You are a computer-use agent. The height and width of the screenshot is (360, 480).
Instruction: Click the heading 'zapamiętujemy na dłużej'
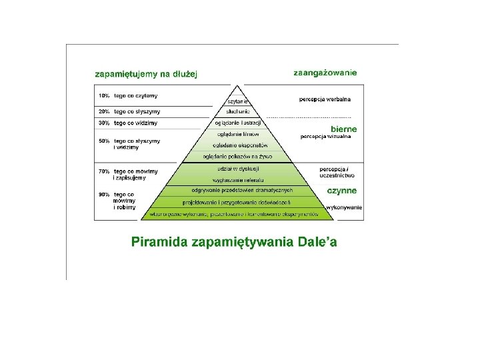point(146,74)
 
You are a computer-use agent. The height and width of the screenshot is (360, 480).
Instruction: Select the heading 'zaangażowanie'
point(325,73)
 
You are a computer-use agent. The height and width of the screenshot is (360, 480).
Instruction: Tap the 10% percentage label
point(104,96)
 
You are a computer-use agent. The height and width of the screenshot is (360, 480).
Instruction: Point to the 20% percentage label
point(104,111)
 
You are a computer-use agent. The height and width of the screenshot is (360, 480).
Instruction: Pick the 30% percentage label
point(104,123)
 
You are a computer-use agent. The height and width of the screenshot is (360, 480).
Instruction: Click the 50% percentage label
point(104,141)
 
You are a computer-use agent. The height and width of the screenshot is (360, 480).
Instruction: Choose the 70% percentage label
point(104,171)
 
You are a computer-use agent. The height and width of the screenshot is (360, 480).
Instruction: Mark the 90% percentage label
point(104,195)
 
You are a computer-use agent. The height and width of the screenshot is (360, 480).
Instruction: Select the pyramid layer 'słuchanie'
point(238,111)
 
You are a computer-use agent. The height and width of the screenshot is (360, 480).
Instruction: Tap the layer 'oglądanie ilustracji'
point(239,123)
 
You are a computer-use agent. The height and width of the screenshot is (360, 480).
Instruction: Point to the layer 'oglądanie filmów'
point(238,134)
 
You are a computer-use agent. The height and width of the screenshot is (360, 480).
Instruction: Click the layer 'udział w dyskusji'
point(238,169)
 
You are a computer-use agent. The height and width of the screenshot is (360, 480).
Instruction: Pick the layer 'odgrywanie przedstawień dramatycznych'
point(238,191)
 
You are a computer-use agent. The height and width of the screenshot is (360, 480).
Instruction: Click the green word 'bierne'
point(344,129)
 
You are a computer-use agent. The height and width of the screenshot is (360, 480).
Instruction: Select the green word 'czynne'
point(341,191)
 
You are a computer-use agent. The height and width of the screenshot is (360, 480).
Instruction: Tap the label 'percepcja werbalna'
point(325,99)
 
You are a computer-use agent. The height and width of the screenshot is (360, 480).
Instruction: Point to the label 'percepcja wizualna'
point(326,137)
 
